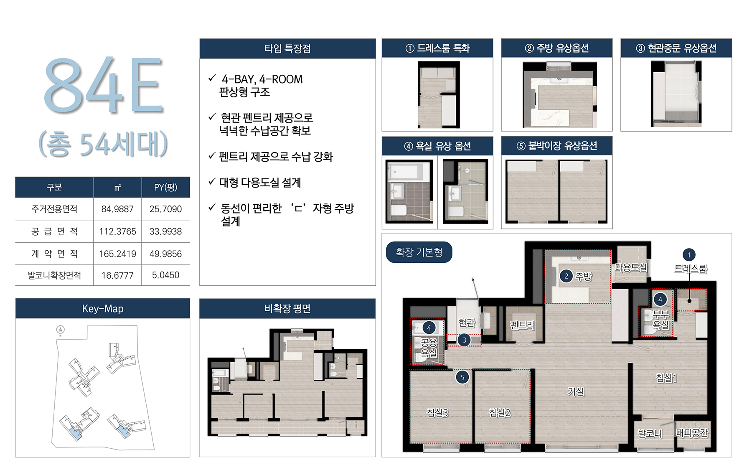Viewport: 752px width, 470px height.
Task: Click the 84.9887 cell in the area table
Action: point(117,209)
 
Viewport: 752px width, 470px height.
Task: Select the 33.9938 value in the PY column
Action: point(165,231)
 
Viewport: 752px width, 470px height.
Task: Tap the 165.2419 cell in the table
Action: point(117,254)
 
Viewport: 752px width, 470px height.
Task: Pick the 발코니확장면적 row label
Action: point(54,275)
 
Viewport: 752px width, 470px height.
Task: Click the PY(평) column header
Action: point(165,187)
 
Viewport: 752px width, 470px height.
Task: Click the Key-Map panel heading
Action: point(103,309)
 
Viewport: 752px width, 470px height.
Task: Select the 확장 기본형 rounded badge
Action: point(419,252)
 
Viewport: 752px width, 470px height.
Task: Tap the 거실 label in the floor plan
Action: point(576,391)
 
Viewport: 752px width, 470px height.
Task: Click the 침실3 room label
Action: point(437,413)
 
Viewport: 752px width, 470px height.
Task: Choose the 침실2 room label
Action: point(500,413)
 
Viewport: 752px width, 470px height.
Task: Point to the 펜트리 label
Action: point(522,325)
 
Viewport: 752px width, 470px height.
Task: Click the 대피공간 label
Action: point(692,433)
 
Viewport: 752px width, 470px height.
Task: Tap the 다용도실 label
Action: point(631,268)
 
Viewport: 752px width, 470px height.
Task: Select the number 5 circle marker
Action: point(462,377)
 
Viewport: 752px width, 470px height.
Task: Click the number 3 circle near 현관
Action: point(464,340)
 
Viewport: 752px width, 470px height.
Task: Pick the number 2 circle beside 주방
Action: point(566,276)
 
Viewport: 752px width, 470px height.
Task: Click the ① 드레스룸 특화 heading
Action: point(437,48)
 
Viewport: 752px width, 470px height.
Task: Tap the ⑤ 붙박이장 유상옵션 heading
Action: point(557,146)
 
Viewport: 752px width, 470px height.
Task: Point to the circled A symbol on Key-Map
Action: point(61,330)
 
